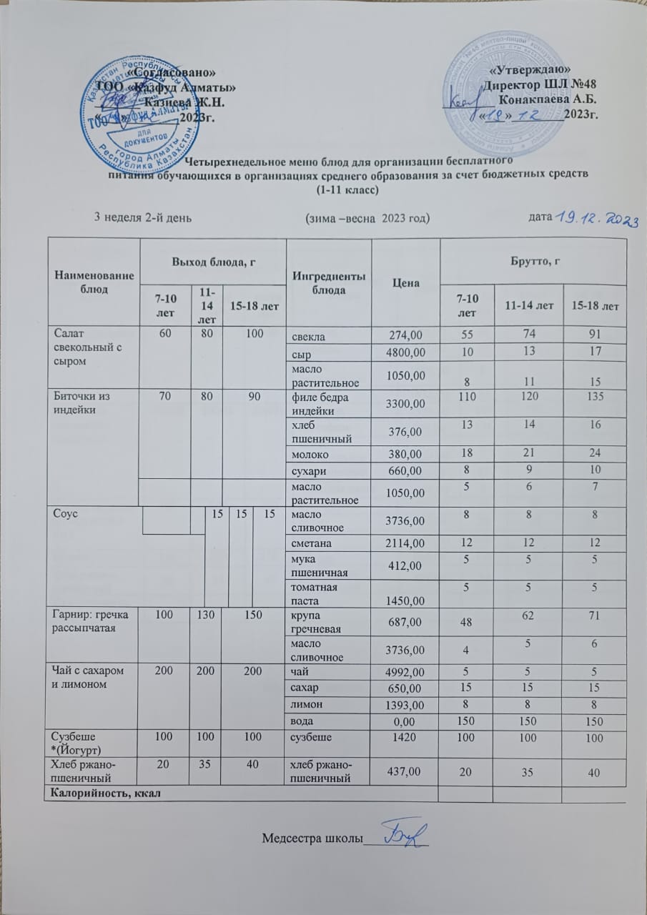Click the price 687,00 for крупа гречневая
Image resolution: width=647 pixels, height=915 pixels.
[405, 621]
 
